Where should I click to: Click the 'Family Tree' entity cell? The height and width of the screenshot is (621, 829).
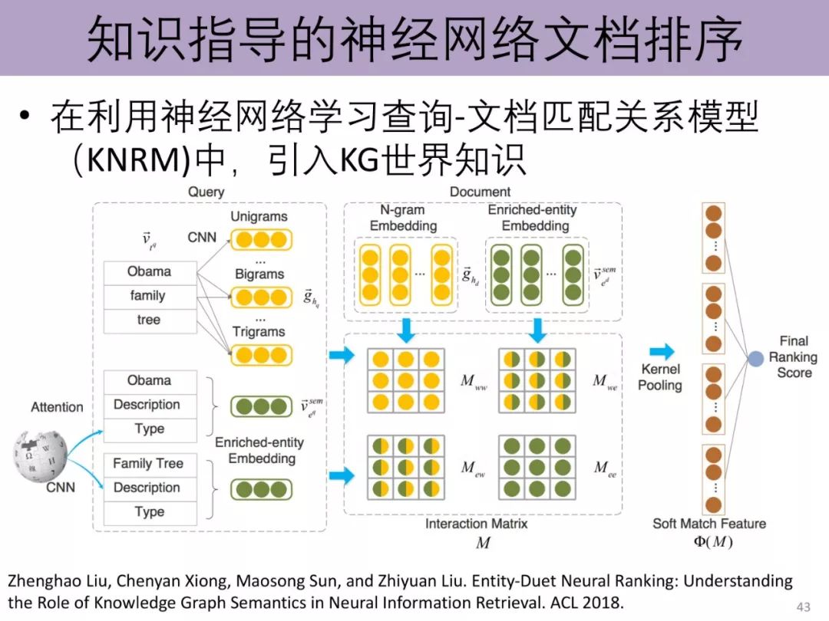click(x=149, y=464)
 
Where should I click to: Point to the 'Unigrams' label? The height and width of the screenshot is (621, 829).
click(x=259, y=217)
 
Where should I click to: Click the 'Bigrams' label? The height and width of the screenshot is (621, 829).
click(x=259, y=274)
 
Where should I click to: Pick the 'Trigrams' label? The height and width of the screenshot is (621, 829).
click(x=259, y=332)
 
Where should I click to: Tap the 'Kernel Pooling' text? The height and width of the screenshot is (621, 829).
click(x=659, y=377)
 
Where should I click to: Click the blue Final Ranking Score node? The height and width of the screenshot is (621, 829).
click(x=756, y=357)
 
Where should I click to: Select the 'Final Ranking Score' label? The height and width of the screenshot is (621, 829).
click(x=794, y=357)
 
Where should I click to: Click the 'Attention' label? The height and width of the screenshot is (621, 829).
click(x=57, y=407)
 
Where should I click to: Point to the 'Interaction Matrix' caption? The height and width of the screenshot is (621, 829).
click(x=476, y=524)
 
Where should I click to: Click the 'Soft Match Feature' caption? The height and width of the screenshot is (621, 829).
click(x=708, y=524)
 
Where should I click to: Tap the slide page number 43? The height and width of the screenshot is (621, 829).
click(x=804, y=607)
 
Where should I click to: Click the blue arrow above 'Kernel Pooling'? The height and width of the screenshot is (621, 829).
click(x=661, y=352)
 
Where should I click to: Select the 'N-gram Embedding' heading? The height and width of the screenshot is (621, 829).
click(x=403, y=218)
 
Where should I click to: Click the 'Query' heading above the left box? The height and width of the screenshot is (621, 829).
click(x=206, y=192)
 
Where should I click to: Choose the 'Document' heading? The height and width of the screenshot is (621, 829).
click(x=481, y=192)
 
